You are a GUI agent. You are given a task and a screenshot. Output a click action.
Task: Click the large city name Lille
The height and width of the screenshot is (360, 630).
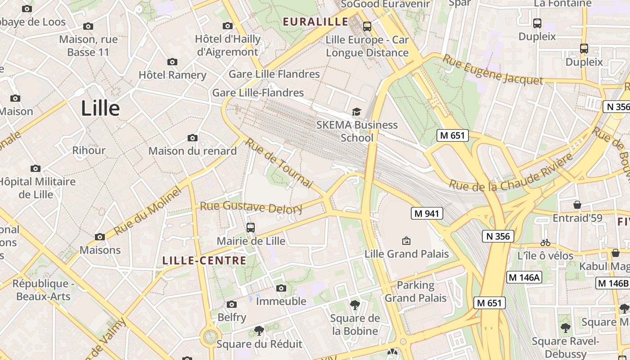tap(100, 108)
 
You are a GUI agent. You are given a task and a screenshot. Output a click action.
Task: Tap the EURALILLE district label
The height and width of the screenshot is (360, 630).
tap(315, 22)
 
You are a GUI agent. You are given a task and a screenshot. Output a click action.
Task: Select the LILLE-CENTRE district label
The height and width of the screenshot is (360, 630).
tap(204, 261)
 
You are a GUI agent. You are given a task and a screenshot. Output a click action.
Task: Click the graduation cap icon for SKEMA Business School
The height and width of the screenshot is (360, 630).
tap(356, 111)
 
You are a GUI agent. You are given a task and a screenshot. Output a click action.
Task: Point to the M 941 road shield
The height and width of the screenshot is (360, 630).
tap(427, 213)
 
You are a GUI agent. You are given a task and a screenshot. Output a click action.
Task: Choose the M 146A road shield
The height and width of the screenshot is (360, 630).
tap(524, 277)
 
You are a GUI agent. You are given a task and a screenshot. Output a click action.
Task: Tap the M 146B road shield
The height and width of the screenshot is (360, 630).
tap(613, 283)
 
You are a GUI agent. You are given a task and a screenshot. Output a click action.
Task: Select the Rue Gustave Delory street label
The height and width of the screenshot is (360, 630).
tap(251, 207)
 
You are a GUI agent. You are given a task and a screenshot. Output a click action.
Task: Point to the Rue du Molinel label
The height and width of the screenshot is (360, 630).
tap(147, 211)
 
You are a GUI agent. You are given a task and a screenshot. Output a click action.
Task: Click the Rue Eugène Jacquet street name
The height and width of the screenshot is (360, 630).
tap(492, 69)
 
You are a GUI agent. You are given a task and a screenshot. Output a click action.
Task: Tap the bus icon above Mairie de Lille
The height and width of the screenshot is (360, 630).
tap(251, 228)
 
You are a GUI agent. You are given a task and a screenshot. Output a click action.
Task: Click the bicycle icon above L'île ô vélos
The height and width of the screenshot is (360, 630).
tap(545, 243)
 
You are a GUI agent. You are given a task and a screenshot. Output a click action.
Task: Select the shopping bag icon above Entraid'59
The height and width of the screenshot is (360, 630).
tap(577, 205)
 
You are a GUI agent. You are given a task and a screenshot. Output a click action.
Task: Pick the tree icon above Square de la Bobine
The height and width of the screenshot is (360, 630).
tap(355, 305)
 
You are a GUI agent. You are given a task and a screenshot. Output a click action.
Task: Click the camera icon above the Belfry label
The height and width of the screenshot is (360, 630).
tap(232, 305)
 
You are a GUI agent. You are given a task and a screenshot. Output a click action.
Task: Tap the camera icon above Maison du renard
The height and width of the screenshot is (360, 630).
tap(193, 138)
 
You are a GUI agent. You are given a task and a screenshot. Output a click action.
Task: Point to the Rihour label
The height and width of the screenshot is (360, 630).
tap(89, 150)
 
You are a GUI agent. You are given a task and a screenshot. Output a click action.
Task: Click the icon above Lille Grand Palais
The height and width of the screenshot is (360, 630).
tap(406, 241)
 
